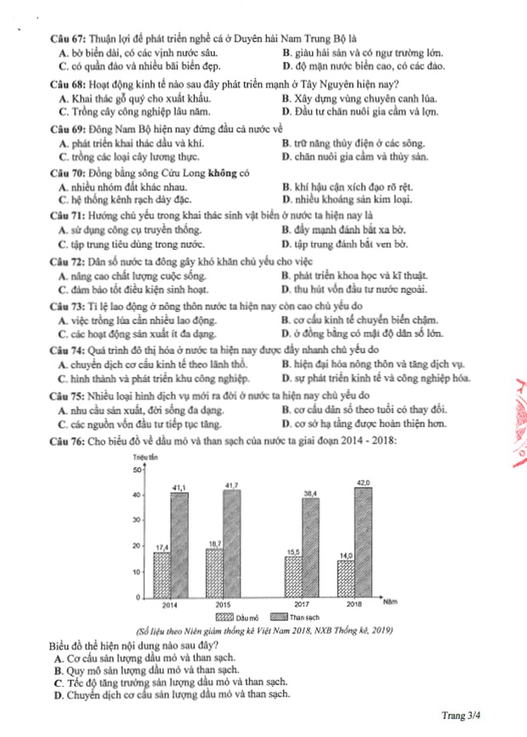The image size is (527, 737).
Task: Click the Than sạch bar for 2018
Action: click(x=363, y=543)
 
